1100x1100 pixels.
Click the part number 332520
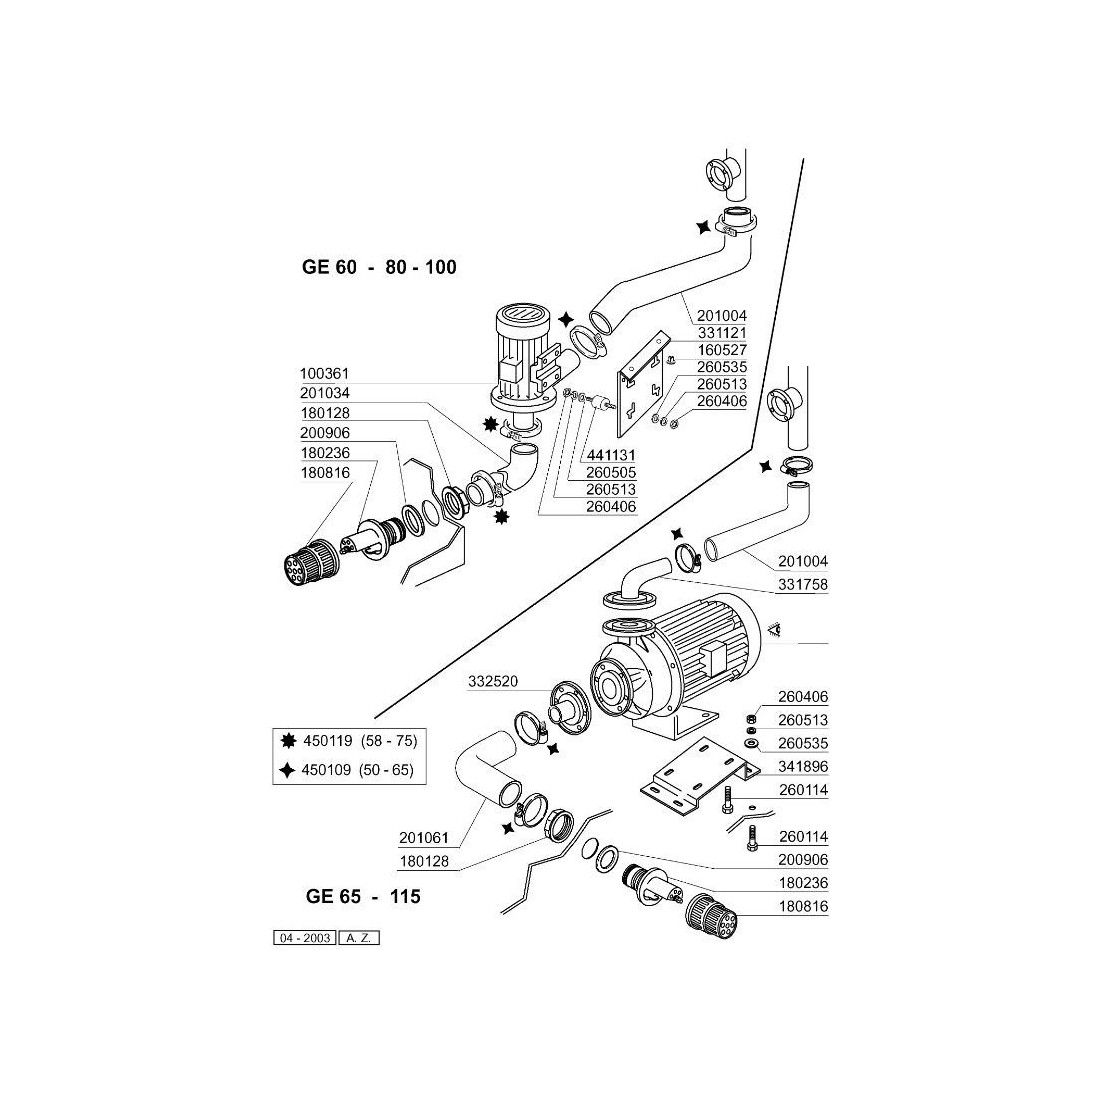click(493, 682)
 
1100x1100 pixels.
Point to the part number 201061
click(423, 837)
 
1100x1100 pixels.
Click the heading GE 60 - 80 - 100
click(379, 268)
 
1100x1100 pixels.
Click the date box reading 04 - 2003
click(304, 938)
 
